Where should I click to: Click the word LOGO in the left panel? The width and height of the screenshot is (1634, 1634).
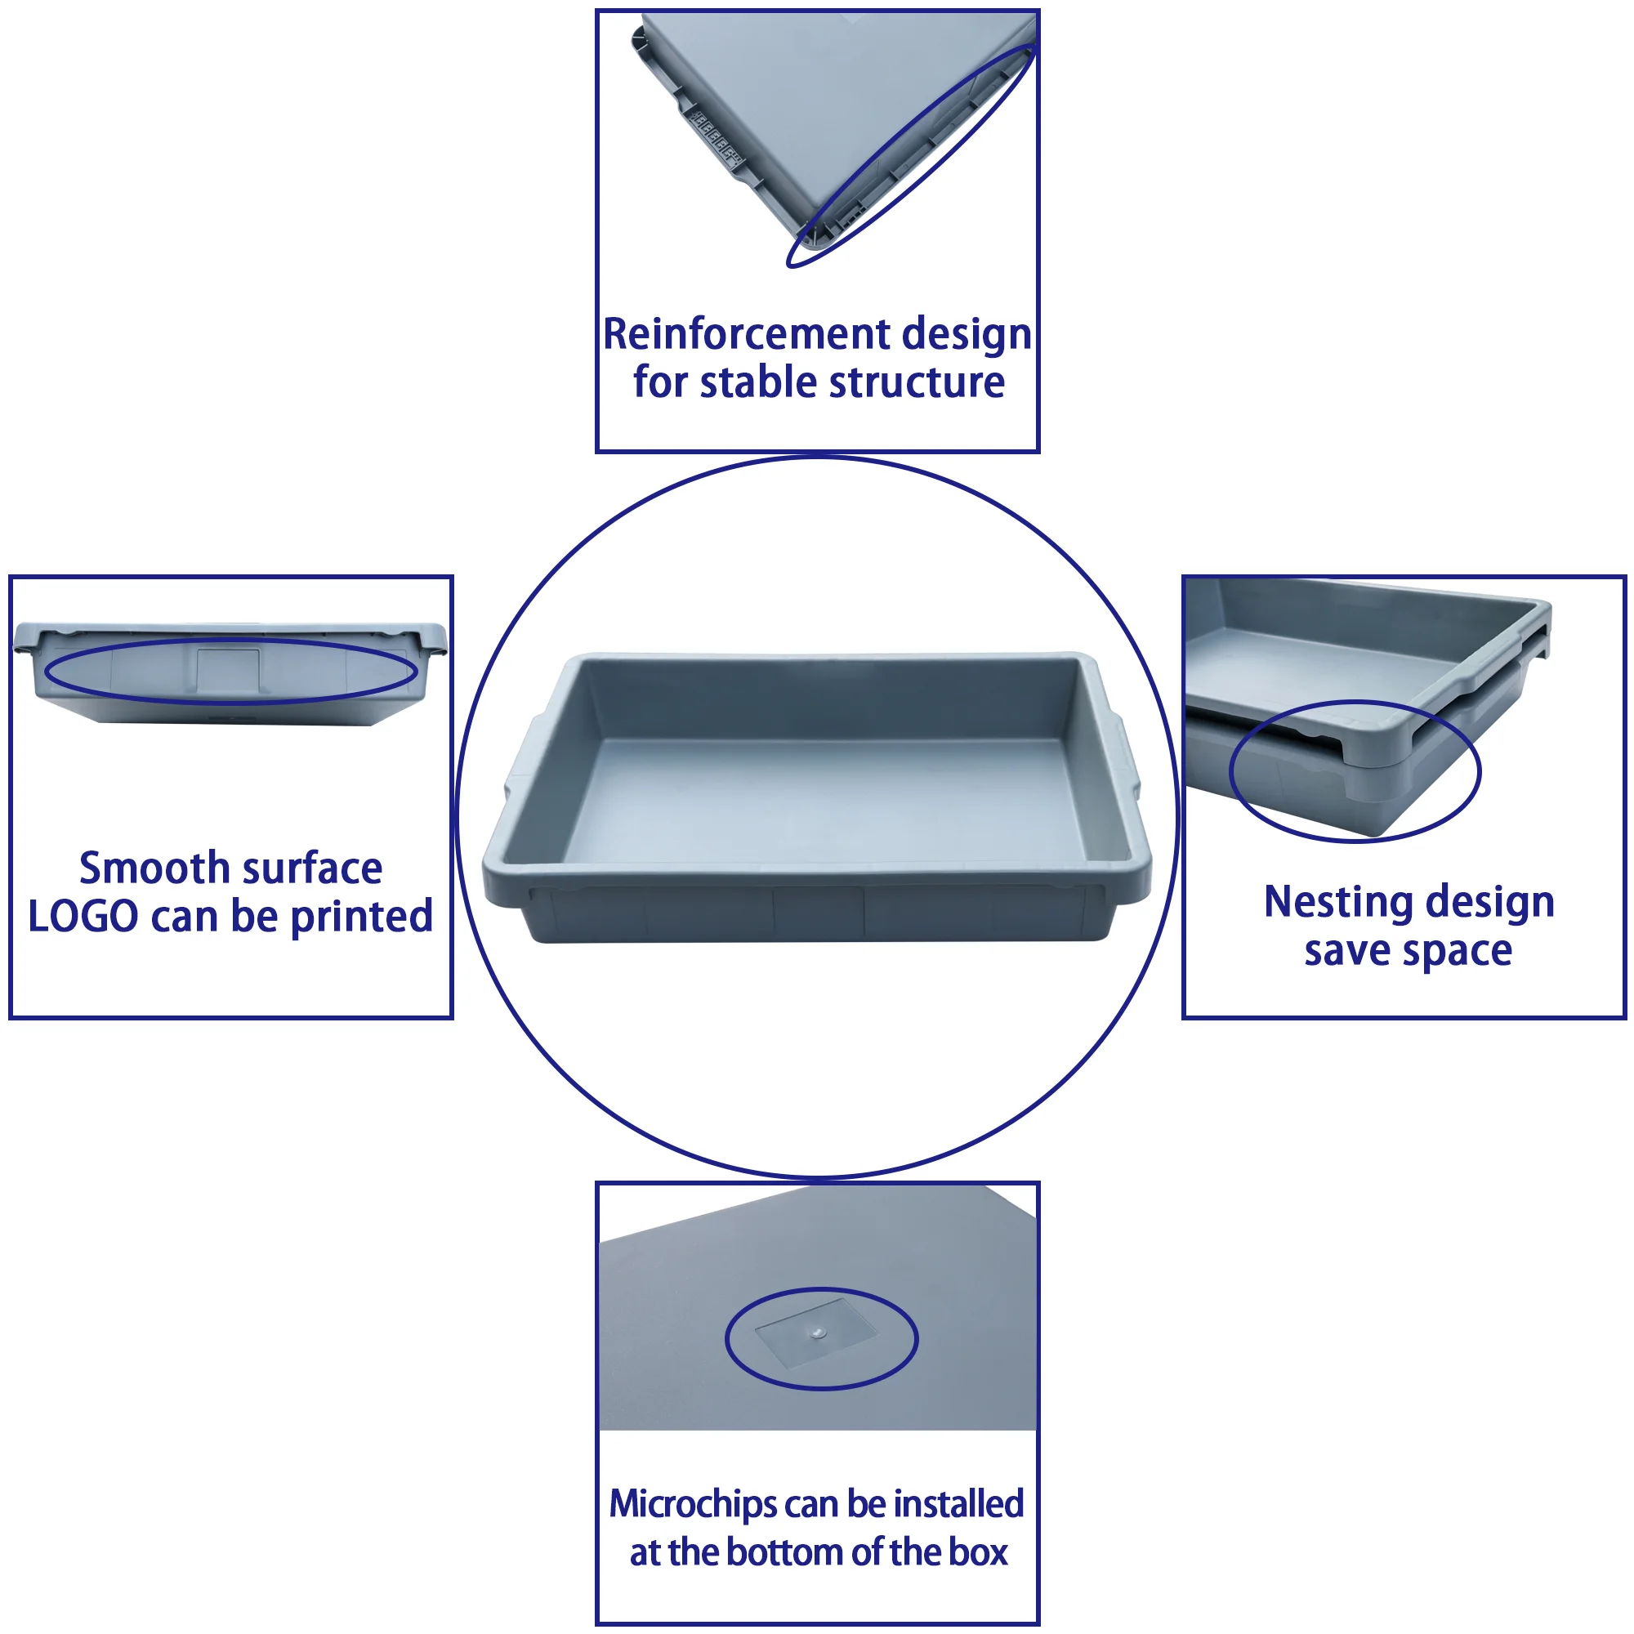click(x=83, y=917)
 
